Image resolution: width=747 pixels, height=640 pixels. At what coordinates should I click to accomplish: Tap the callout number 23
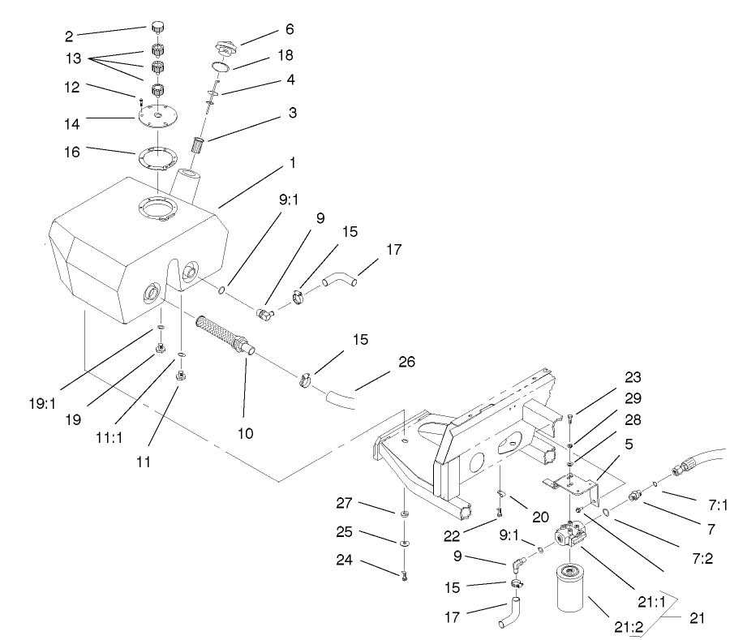pos(633,377)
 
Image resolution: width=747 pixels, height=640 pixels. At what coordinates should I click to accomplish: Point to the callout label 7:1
pos(715,505)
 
